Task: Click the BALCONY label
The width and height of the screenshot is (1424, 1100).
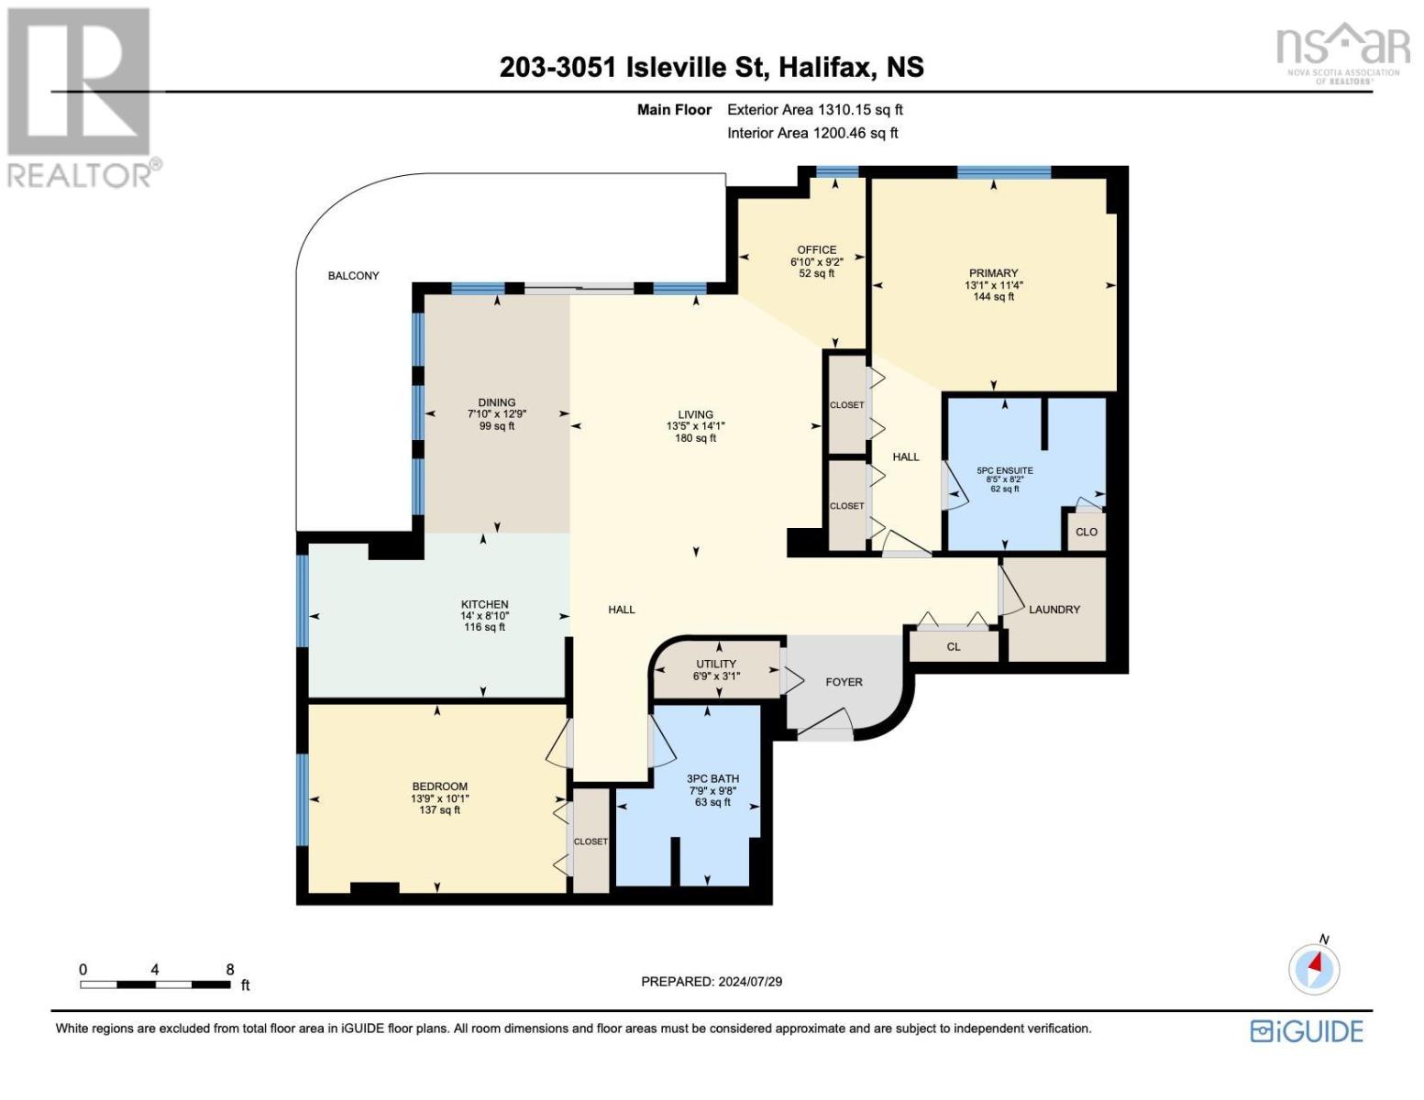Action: click(353, 276)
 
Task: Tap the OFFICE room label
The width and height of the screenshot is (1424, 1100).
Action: click(816, 249)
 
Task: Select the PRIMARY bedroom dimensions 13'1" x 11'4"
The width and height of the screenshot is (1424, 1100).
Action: click(993, 285)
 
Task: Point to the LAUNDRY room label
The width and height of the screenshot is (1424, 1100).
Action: click(1054, 610)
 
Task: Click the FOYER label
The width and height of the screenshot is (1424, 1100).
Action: click(844, 682)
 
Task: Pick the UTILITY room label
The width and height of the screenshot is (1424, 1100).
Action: click(716, 664)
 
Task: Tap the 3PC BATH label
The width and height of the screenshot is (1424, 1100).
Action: click(712, 778)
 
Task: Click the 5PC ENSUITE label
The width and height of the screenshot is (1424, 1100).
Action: click(1005, 470)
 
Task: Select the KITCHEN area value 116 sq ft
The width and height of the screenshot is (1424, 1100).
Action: click(484, 627)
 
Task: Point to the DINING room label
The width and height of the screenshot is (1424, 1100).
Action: click(497, 402)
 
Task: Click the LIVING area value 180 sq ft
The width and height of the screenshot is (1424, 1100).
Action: click(695, 437)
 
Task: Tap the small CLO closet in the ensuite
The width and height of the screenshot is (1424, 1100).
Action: click(1086, 532)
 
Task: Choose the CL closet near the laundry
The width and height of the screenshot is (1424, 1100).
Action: click(953, 646)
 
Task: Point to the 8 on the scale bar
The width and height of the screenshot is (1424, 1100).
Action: click(230, 970)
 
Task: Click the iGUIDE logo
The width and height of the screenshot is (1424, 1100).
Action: click(1307, 1031)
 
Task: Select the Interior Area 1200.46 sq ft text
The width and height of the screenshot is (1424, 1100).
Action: click(812, 133)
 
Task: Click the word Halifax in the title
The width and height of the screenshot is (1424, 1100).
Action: click(825, 68)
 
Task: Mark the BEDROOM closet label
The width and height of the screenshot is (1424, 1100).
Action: click(591, 841)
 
